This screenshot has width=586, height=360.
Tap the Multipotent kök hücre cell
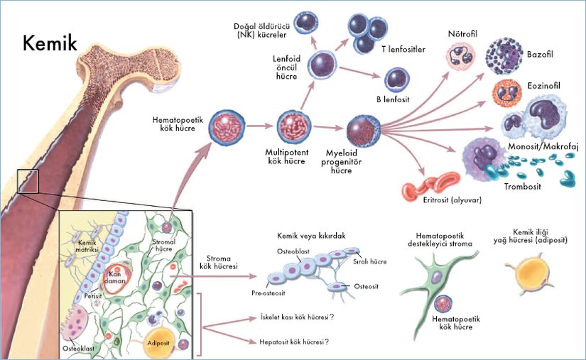(295, 126)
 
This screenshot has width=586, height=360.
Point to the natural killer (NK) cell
(305, 21)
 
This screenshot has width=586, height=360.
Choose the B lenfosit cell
(395, 80)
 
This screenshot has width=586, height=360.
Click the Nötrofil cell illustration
(460, 56)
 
